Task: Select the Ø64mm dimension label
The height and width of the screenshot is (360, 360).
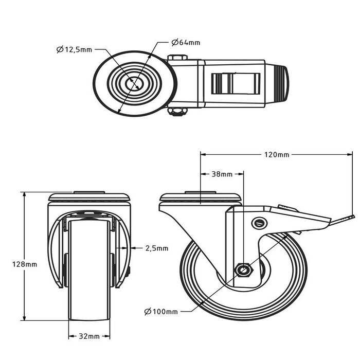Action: pos(186,42)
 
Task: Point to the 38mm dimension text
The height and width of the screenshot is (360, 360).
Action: pos(222,174)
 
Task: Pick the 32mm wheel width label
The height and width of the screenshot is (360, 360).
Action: pos(89,337)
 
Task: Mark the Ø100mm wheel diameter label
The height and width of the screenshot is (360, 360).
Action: pos(161,312)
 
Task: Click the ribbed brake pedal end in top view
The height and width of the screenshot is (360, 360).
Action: pos(281,84)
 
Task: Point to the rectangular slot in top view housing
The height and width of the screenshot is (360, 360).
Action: pos(234,83)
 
